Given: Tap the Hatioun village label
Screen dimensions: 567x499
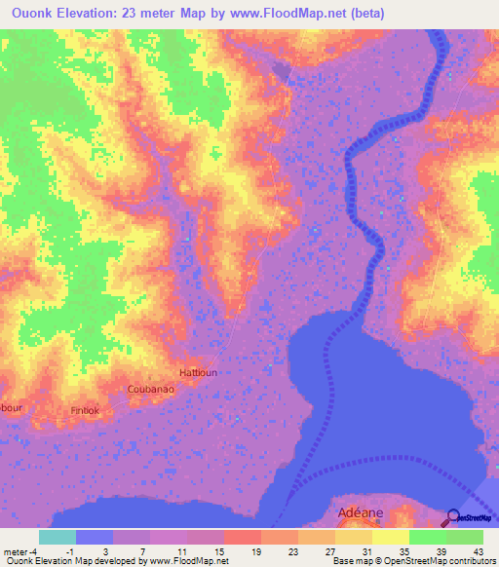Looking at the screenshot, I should click(x=199, y=372).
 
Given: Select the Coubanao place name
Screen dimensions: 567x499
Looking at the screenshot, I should click(x=151, y=389).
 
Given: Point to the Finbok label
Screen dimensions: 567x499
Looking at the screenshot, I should click(x=86, y=411).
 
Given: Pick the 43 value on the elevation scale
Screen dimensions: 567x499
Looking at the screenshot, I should click(x=477, y=550).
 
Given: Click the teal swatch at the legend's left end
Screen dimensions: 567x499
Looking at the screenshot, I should click(x=58, y=537).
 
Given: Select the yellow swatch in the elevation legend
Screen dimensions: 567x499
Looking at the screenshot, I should click(x=391, y=537).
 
